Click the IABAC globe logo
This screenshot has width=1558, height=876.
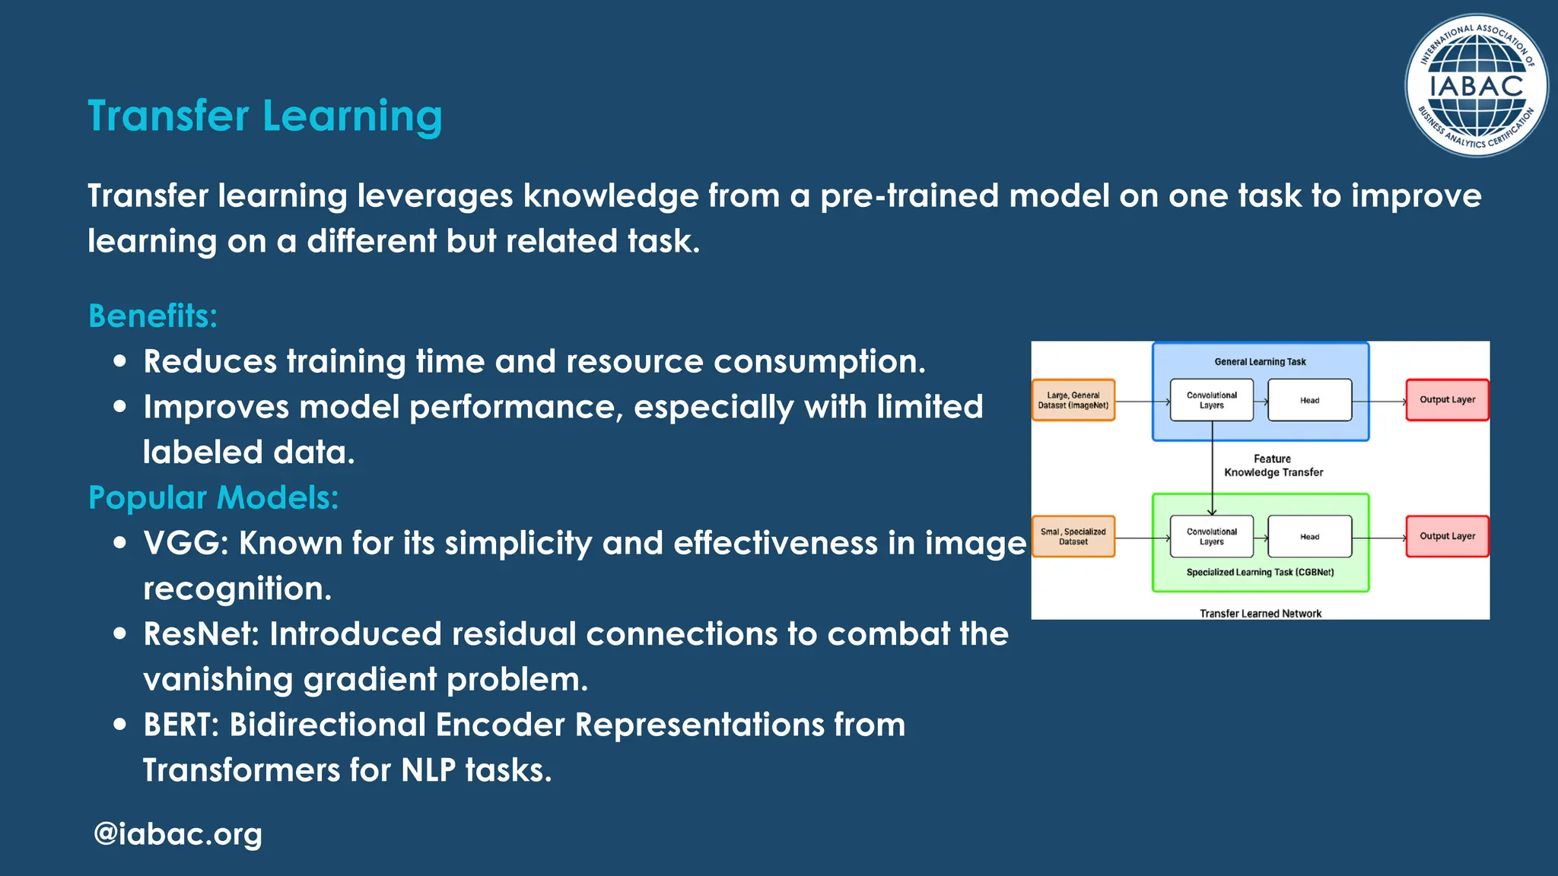pyautogui.click(x=1475, y=86)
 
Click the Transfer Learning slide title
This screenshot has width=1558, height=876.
pyautogui.click(x=265, y=116)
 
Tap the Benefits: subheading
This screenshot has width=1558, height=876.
pyautogui.click(x=153, y=316)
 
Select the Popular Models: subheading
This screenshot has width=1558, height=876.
pyautogui.click(x=213, y=497)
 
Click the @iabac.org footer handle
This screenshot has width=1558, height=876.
pyautogui.click(x=177, y=834)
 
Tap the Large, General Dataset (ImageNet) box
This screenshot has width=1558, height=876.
pyautogui.click(x=1073, y=400)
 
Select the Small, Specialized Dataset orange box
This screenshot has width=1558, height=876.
pyautogui.click(x=1073, y=536)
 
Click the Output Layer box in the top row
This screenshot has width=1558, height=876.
pyautogui.click(x=1447, y=399)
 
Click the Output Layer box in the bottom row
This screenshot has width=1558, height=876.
pyautogui.click(x=1447, y=536)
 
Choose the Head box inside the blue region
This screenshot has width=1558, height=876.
pyautogui.click(x=1309, y=400)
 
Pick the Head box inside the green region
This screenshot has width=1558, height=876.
pyautogui.click(x=1309, y=536)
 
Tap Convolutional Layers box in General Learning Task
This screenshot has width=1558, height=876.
pyautogui.click(x=1211, y=400)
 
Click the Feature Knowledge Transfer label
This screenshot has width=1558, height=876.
pyautogui.click(x=1273, y=465)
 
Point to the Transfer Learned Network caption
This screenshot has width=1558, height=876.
pyautogui.click(x=1261, y=613)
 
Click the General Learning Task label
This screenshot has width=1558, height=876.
pyautogui.click(x=1260, y=362)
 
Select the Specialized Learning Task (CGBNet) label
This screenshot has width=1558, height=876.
pyautogui.click(x=1260, y=572)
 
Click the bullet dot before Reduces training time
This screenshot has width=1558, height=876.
pyautogui.click(x=119, y=361)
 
